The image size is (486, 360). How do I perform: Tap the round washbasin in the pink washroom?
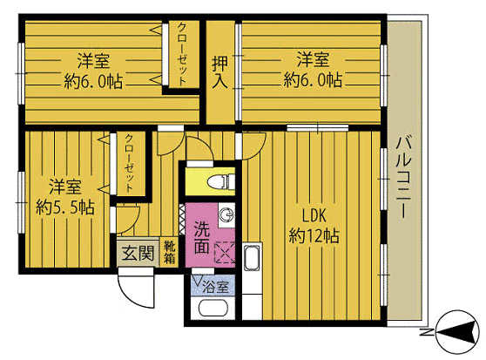pos(226,214)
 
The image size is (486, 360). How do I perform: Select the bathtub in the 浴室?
pos(213,308)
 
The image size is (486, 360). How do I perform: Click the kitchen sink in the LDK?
pos(251,257)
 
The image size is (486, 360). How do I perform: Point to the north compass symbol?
pos(456,332)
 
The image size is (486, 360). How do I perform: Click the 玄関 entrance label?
pos(138,254)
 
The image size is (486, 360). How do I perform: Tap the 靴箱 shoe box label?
pos(169,253)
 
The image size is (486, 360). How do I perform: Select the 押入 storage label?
pos(219,72)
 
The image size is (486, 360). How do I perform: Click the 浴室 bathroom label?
pos(216,287)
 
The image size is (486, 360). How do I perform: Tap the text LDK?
pos(314,215)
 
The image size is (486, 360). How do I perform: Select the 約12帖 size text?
pos(314,235)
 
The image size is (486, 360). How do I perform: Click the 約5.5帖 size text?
pos(65,207)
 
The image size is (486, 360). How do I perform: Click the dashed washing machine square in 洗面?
pos(225,253)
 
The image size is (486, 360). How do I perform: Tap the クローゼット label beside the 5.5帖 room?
pos(130,163)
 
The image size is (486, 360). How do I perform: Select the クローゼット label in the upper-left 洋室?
pos(182,54)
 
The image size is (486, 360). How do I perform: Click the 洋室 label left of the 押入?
pos(93,60)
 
